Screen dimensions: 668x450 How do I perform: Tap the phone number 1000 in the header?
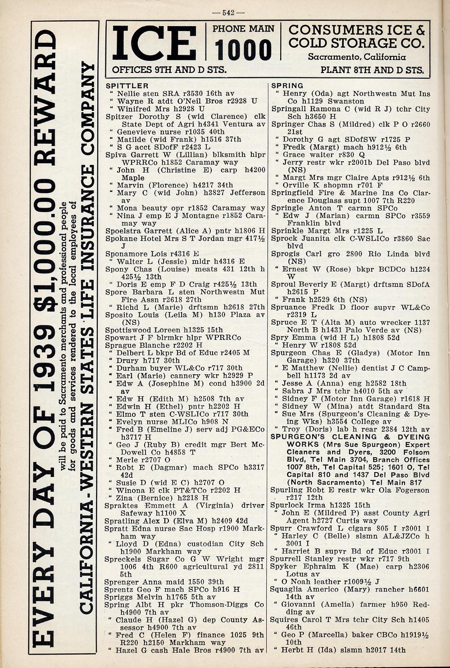click(243, 50)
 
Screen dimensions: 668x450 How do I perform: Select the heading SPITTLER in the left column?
click(127, 86)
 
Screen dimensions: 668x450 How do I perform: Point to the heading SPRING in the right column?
click(287, 86)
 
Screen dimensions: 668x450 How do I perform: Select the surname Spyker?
click(283, 567)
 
